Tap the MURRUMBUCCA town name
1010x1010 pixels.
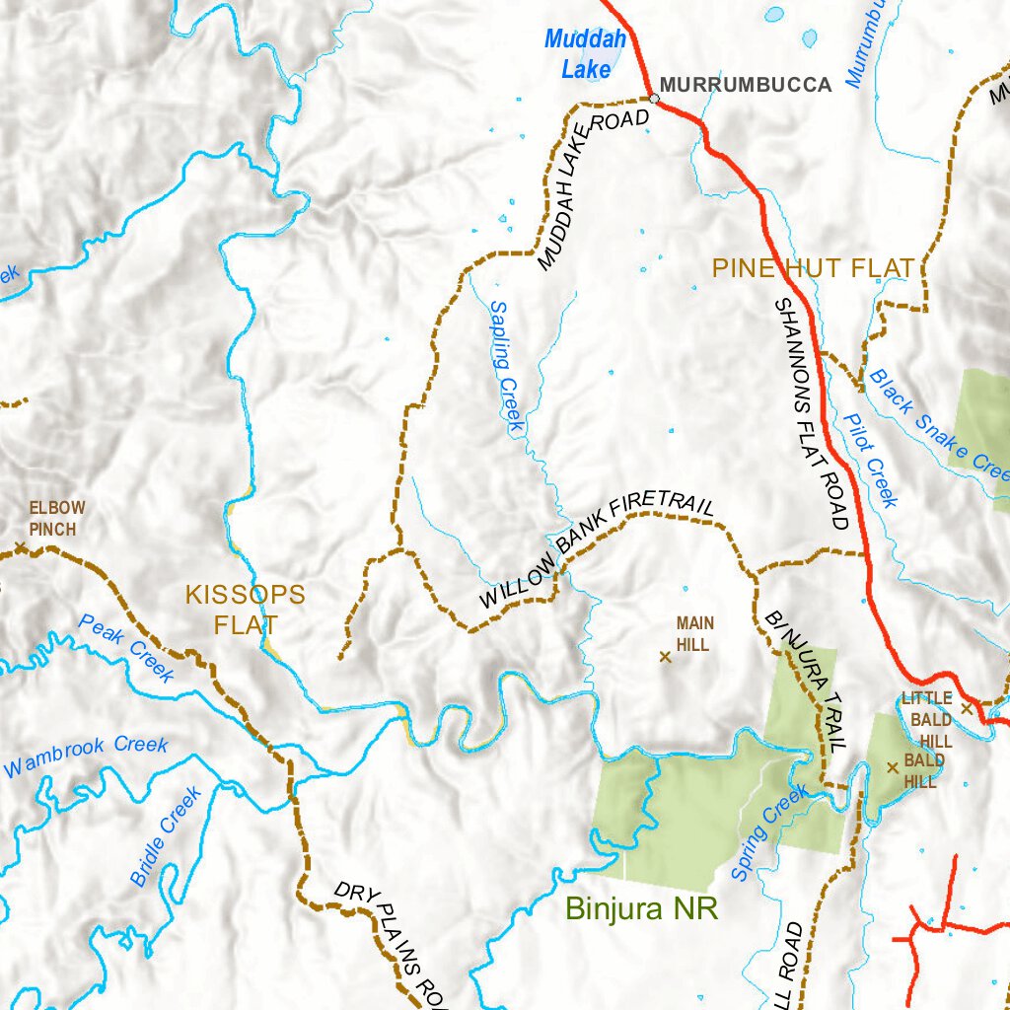[746, 85]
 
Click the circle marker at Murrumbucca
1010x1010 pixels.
[654, 98]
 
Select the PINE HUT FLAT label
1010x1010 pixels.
[814, 267]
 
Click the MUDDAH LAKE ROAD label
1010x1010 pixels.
[593, 188]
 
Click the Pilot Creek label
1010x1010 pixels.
[871, 460]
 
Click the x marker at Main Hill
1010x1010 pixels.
[665, 656]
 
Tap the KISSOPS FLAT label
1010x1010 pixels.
[246, 610]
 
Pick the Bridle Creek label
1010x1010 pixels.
[167, 834]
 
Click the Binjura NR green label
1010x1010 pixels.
[641, 907]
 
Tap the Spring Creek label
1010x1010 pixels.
[770, 832]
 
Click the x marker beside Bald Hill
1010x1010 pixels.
[893, 766]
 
